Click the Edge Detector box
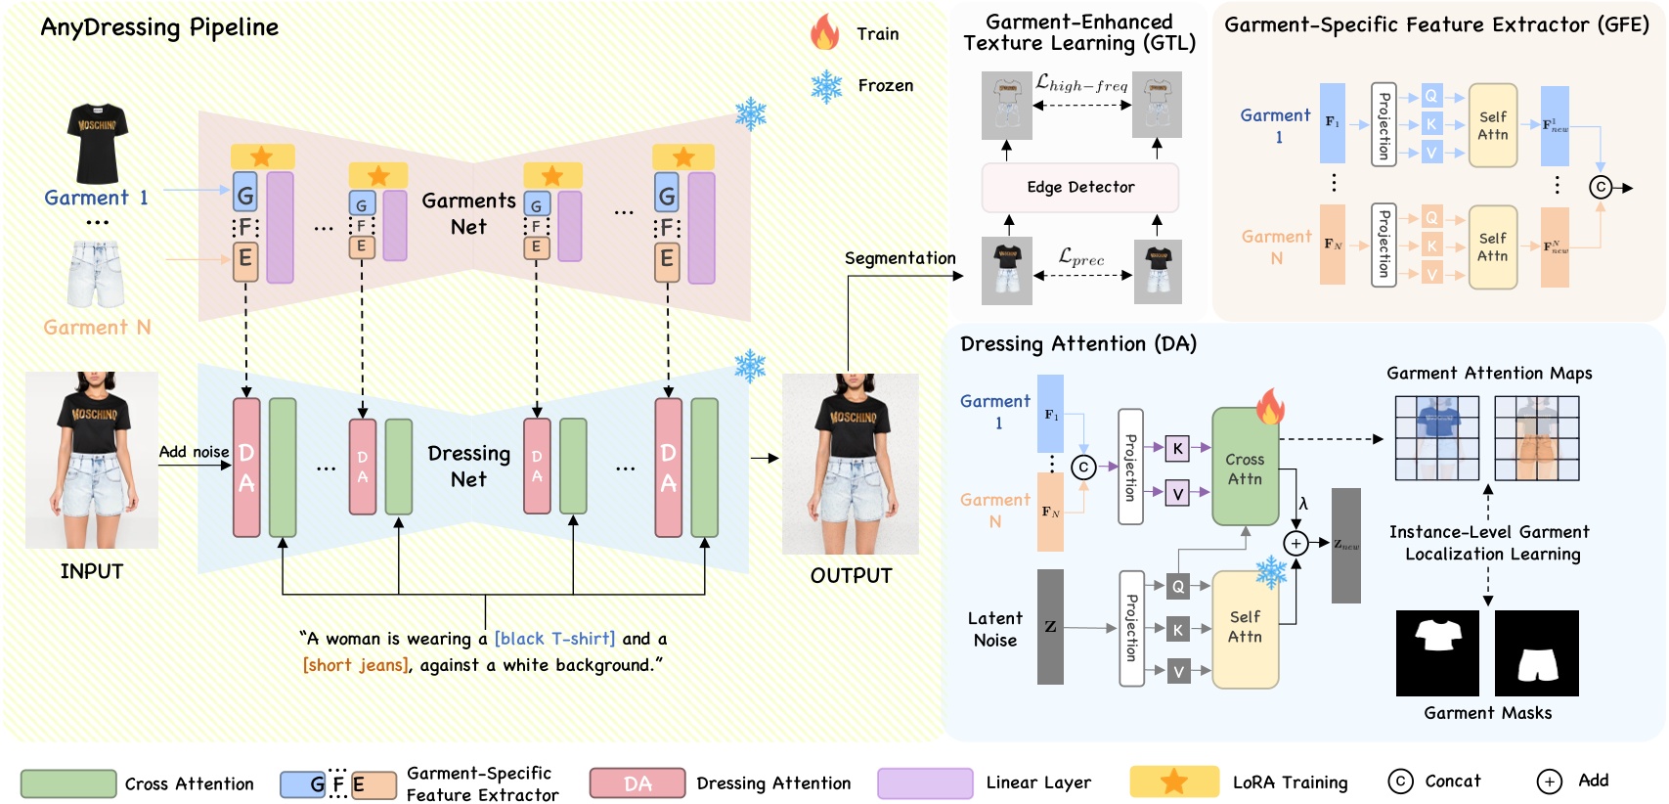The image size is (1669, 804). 1079,187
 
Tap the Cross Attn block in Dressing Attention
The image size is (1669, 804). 1245,469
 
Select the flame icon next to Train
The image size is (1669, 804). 824,32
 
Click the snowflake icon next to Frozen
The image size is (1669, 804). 826,86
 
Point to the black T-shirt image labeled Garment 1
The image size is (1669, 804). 97,143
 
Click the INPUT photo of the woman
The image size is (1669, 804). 92,459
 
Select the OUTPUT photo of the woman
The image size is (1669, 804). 850,464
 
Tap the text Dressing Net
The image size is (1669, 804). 468,466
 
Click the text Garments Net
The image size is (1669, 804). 468,212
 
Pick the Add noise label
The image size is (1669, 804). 194,451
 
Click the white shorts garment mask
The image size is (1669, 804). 1536,653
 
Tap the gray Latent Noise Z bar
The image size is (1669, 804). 1050,626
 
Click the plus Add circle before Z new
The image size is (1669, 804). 1296,543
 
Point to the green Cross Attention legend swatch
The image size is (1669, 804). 68,783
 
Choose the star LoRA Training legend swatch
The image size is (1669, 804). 1174,782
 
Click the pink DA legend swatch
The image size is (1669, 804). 637,783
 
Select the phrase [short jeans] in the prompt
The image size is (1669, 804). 355,665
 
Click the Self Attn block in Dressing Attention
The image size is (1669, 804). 1245,627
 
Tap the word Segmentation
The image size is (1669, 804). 900,258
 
